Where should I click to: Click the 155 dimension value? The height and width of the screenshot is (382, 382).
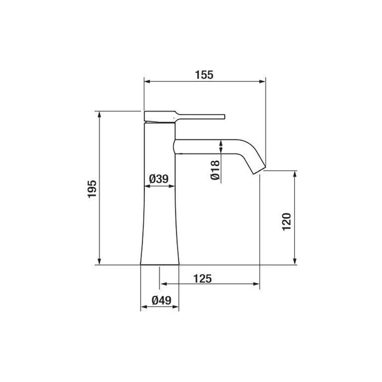click(x=204, y=75)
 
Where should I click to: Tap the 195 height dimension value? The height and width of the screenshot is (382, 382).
click(x=92, y=189)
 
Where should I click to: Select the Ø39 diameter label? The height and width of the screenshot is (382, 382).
click(x=159, y=179)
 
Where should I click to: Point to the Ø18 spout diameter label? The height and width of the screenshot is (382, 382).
click(x=215, y=170)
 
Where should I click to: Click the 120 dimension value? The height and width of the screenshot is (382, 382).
click(x=286, y=221)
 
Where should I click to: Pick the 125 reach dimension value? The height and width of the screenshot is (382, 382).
click(x=203, y=278)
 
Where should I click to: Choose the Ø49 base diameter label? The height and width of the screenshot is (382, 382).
click(x=161, y=300)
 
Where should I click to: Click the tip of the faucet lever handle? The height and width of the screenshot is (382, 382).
click(x=224, y=116)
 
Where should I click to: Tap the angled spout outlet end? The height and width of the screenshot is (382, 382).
click(x=260, y=170)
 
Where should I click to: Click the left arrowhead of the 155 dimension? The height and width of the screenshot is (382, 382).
click(x=147, y=81)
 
